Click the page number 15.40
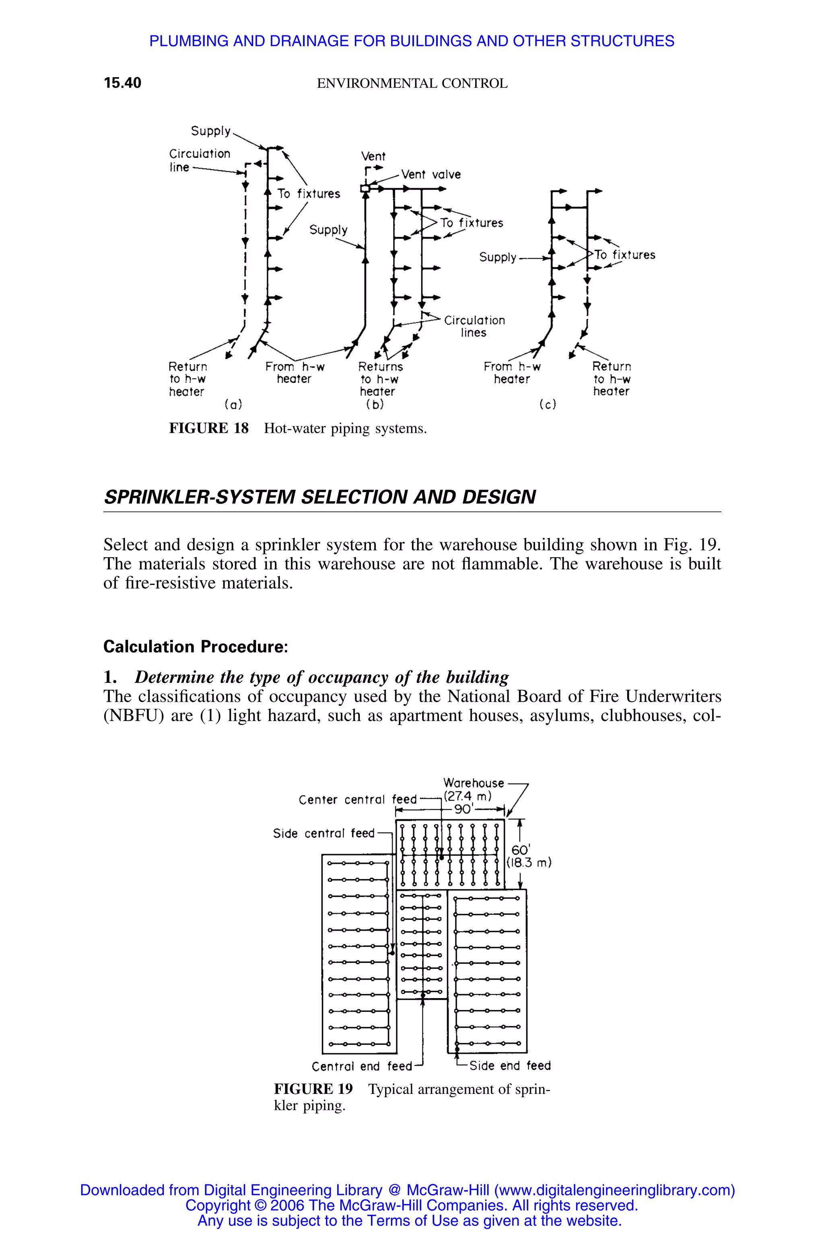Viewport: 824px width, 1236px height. [x=122, y=83]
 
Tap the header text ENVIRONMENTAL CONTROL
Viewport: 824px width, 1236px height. [x=412, y=84]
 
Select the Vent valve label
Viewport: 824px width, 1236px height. [x=431, y=175]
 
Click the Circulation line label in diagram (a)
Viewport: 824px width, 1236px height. [x=199, y=160]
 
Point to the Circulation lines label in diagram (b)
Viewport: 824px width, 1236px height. [x=474, y=326]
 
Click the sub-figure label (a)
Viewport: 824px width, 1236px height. [x=233, y=405]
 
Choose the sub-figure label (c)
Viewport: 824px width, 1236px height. [x=548, y=405]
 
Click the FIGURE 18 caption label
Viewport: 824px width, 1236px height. [x=209, y=428]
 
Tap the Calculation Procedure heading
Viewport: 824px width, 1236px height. [x=196, y=647]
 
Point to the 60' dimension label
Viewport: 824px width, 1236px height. [x=521, y=850]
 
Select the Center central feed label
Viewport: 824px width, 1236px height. [x=357, y=799]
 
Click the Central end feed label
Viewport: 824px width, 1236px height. [x=362, y=1066]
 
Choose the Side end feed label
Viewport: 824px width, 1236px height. [x=510, y=1066]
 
